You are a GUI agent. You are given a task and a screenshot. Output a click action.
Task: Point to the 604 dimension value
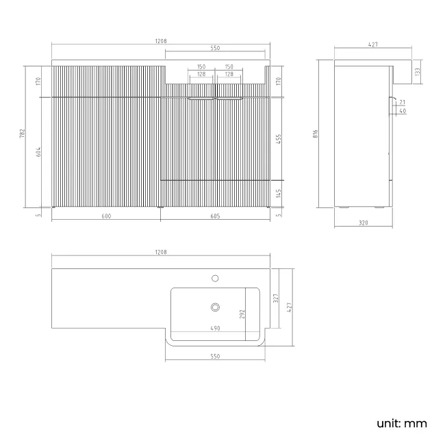click(39, 151)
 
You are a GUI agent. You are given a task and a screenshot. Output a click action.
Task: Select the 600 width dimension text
click(106, 216)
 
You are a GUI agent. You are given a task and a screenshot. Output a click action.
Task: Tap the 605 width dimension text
click(215, 216)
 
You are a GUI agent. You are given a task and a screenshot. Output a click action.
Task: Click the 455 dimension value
click(279, 137)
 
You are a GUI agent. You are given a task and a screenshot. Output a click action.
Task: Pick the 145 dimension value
click(279, 193)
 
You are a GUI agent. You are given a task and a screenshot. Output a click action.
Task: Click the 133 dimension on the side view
click(418, 70)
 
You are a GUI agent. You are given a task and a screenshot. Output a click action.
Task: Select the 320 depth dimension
click(363, 222)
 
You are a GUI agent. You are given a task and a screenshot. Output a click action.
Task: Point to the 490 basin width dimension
click(214, 328)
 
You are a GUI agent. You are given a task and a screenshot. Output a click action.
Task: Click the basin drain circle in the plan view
click(215, 307)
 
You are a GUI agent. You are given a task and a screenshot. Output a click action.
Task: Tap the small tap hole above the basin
click(215, 278)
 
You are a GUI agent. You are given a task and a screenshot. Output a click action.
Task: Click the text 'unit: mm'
click(401, 423)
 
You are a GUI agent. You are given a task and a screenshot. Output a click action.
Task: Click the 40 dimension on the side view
click(403, 110)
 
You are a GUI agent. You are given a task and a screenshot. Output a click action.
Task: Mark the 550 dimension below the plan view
click(214, 357)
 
